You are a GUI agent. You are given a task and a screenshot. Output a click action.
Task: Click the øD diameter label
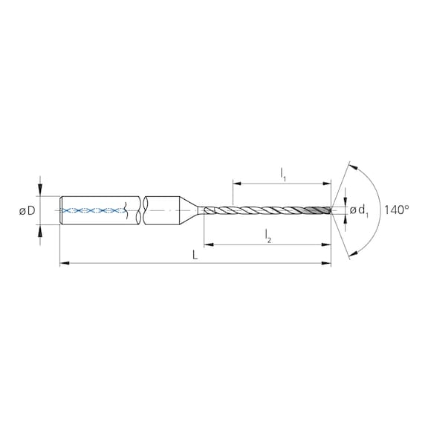point(27,212)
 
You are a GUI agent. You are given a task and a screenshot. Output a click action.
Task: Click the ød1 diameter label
point(359,211)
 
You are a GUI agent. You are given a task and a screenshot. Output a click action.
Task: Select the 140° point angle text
point(397,210)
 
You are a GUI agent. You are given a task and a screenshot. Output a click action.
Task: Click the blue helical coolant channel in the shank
point(94,211)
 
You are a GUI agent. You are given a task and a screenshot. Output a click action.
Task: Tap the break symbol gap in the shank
point(139,211)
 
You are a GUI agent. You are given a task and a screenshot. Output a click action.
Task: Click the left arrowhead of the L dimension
point(63,262)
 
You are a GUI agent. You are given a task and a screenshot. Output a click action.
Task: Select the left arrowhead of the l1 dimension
point(236,182)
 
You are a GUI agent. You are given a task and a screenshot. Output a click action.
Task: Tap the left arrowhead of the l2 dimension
point(207,243)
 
